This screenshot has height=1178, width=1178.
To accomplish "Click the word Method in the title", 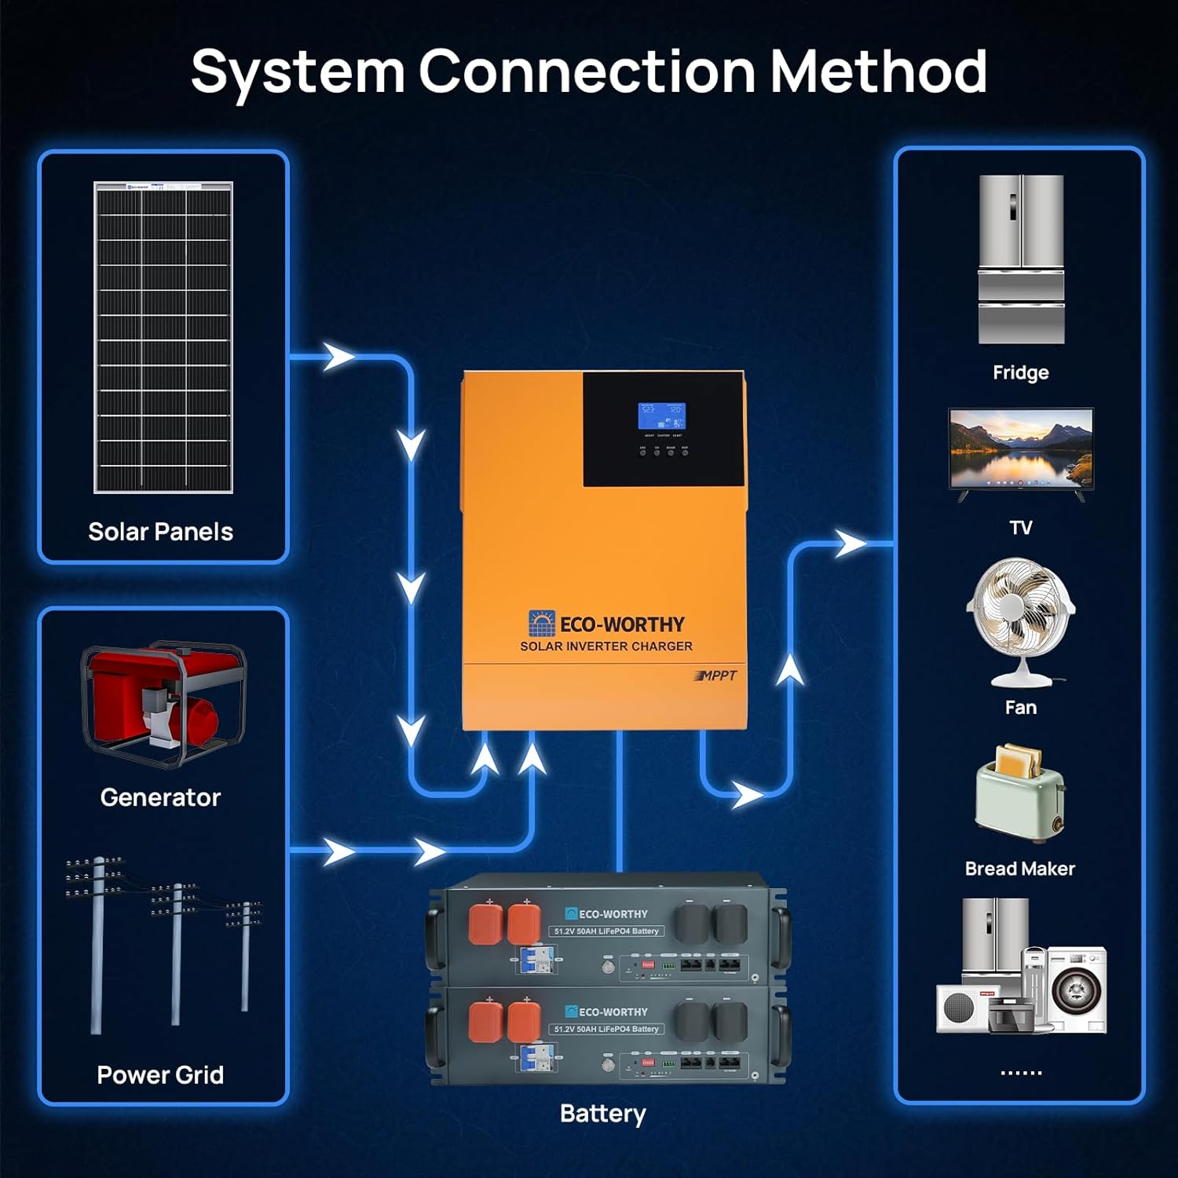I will [877, 72].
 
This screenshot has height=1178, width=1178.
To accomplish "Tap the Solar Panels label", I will [160, 532].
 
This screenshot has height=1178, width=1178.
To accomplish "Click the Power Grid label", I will [160, 1074].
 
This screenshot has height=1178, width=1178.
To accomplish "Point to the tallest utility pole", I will [97, 942].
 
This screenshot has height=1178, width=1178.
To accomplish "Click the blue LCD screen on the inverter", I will [661, 415].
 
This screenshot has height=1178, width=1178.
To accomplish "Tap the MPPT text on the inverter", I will [716, 675].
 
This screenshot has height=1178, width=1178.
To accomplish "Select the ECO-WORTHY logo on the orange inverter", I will [606, 624].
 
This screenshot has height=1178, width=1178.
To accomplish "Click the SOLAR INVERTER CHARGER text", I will [606, 646].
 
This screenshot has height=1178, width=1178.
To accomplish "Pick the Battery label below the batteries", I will [603, 1114].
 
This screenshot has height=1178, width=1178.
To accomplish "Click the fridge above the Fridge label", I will [1020, 259].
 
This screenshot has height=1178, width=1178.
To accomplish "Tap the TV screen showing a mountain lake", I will [1020, 449].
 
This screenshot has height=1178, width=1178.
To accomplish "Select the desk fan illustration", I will [1019, 620].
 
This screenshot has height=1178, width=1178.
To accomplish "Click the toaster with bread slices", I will [1019, 793].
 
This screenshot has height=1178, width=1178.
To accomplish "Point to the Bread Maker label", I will [1019, 869].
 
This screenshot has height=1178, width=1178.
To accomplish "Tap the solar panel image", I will [163, 338].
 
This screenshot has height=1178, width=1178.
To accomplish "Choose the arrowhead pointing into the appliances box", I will [850, 543].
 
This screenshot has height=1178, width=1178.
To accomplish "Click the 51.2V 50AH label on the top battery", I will [605, 931].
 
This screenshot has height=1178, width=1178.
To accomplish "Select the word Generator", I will [160, 797].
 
